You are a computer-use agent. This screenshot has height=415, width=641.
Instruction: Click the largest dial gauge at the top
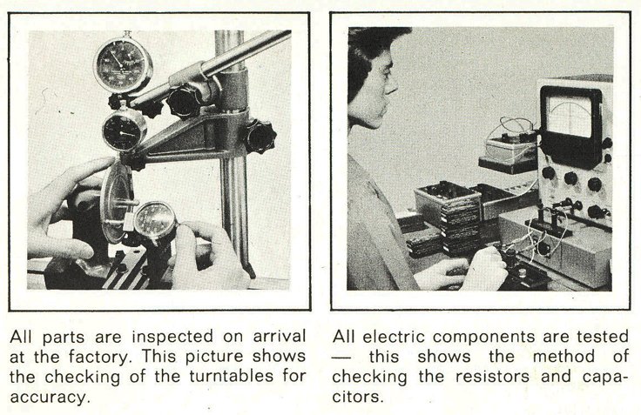click(123, 65)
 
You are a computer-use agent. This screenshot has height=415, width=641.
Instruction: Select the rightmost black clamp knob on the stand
click(260, 137)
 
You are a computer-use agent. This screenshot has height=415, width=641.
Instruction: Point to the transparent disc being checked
click(117, 202)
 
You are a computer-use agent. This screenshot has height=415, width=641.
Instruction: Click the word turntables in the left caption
click(231, 376)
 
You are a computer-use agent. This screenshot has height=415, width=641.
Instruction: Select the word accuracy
click(49, 396)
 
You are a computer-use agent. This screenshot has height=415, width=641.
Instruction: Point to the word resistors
click(492, 376)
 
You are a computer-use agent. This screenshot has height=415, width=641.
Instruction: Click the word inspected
click(172, 338)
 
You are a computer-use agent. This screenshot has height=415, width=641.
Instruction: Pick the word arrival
click(280, 337)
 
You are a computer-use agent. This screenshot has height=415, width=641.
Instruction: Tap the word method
click(563, 357)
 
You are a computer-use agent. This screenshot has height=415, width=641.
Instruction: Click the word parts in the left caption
click(63, 338)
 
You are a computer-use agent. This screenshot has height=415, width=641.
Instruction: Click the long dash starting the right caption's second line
click(341, 358)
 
